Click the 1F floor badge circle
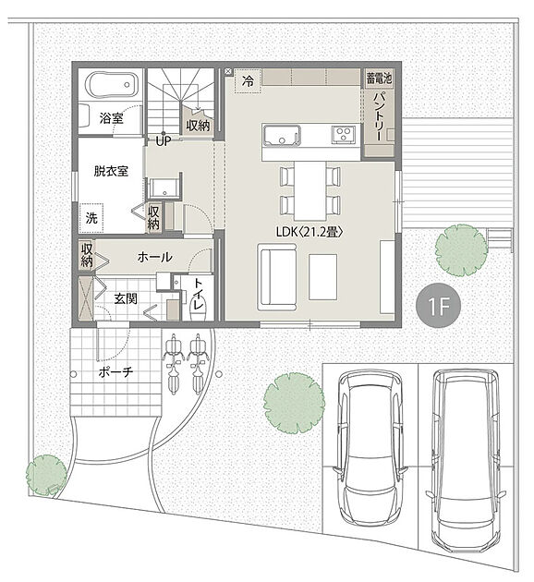(438, 306)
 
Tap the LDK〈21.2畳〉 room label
(309, 232)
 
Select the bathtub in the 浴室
(112, 85)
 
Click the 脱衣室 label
(111, 171)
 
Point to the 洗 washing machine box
(91, 217)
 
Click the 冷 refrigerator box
(248, 80)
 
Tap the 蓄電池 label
(379, 78)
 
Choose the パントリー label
(379, 116)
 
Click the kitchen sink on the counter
(282, 135)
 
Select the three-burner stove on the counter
(344, 134)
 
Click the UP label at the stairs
(163, 141)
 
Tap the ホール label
(154, 257)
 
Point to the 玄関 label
(126, 298)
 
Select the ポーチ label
(115, 372)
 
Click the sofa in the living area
(277, 277)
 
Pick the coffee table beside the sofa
(322, 277)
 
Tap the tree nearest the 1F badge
(461, 249)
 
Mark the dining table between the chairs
(309, 191)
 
